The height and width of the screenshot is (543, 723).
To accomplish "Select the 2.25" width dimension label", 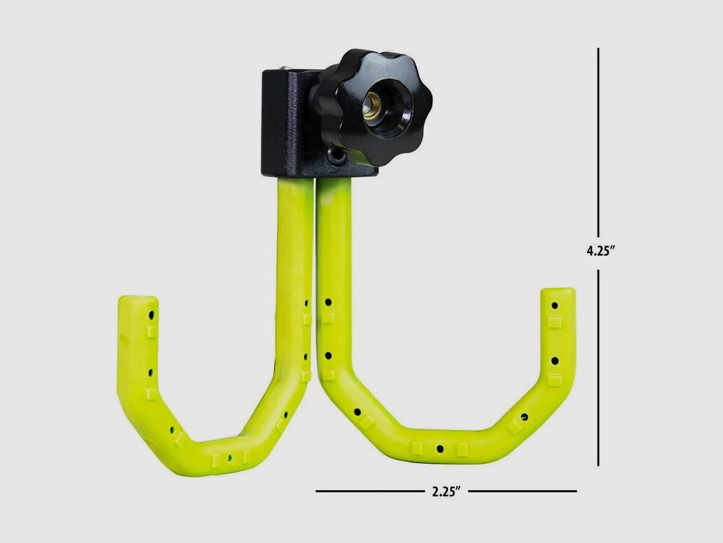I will coord(446,492).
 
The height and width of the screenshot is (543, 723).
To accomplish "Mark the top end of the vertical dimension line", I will coord(598,49).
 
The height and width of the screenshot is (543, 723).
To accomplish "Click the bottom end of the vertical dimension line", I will coord(598,465).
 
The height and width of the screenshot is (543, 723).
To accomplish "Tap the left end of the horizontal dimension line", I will coord(317,491).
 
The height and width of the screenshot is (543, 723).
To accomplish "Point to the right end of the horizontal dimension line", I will coord(576,491).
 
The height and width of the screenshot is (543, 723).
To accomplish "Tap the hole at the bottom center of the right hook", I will coord(440,449).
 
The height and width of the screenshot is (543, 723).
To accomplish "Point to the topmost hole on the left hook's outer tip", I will coord(151,314).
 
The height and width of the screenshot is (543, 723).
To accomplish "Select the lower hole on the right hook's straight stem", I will coord(328,356).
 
